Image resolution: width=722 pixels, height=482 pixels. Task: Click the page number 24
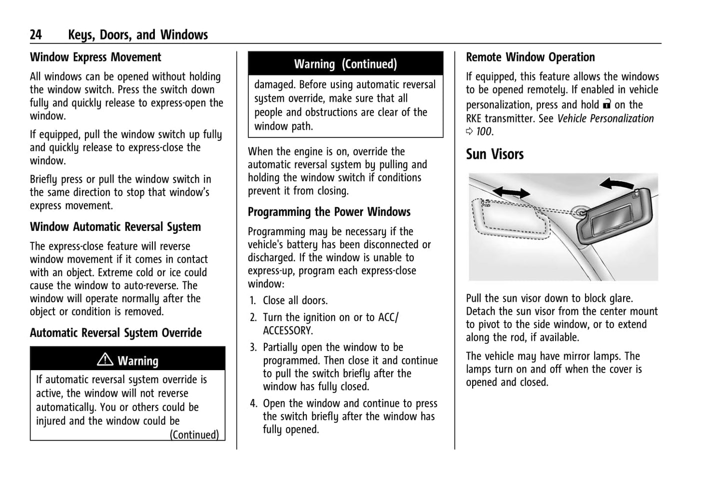36,34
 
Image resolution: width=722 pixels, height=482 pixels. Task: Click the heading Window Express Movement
95,57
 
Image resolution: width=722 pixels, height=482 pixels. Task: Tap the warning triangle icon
105,359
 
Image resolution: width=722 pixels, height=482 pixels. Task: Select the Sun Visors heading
495,154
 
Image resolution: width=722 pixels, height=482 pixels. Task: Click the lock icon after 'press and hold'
607,104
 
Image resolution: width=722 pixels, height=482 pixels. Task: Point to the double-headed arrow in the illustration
511,192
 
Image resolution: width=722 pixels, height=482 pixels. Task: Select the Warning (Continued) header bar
345,64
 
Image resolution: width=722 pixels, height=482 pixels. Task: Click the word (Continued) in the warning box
194,435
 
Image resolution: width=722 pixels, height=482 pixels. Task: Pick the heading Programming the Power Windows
329,212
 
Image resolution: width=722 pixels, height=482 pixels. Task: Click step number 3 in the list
253,347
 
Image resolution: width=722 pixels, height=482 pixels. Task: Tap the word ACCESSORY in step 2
288,331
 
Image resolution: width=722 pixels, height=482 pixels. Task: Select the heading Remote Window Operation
530,57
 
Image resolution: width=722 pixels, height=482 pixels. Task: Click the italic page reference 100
484,132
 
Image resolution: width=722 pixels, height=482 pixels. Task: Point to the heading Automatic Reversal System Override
116,333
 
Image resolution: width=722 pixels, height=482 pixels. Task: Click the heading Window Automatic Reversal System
115,227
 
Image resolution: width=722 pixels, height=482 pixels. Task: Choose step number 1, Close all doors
253,301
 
